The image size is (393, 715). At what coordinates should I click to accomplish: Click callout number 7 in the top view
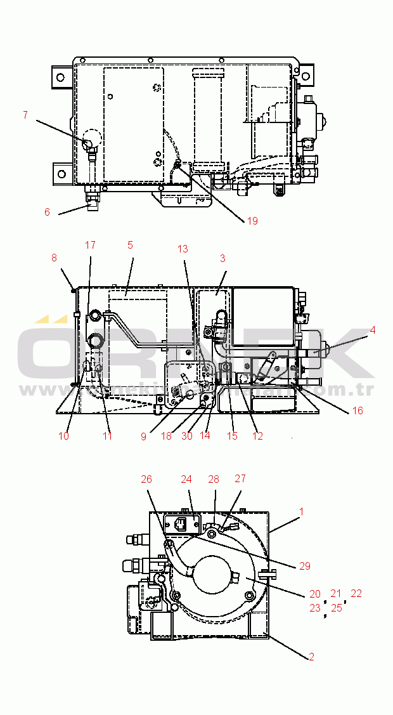coord(25,115)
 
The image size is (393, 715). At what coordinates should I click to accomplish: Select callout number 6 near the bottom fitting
coord(47,213)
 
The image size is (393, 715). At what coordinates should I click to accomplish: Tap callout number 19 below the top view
coord(252,221)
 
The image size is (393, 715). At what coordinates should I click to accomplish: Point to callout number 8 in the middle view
coord(54,258)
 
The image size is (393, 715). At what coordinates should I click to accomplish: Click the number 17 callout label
coord(90,245)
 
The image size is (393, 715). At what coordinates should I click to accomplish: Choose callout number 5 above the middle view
coord(130,244)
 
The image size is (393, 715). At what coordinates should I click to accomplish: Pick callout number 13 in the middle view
coord(183,249)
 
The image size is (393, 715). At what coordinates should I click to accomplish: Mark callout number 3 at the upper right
coord(222,258)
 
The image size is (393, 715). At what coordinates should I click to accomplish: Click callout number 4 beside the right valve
coord(373,330)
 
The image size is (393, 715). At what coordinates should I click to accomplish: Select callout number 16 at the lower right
coord(358,410)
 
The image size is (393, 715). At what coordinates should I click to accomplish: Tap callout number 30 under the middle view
coord(186,436)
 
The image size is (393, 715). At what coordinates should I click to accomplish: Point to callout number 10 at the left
coord(64,436)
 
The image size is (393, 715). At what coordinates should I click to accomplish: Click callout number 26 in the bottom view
coord(146,479)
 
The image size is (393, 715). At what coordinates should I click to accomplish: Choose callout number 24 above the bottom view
coord(186,479)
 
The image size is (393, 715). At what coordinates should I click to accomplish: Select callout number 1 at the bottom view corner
coord(302,511)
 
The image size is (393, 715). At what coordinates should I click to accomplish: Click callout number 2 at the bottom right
coord(311,657)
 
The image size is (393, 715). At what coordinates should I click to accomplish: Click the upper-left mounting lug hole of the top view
coord(60,77)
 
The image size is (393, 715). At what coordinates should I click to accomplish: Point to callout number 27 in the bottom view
coord(240,479)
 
